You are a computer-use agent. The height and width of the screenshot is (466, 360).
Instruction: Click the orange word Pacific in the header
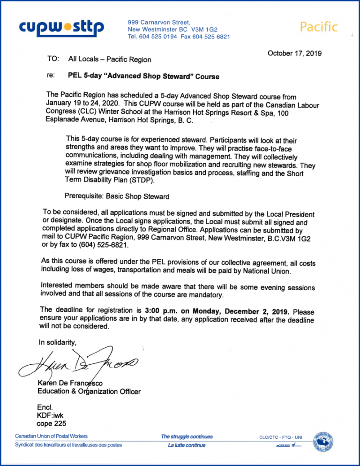319,27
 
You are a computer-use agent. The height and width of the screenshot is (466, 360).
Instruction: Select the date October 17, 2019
294,53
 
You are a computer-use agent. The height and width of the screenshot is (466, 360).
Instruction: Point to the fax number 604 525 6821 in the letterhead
212,37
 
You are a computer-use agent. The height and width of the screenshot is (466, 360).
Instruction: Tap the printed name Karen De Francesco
73,384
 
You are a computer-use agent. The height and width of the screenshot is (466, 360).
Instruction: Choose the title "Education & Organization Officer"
89,391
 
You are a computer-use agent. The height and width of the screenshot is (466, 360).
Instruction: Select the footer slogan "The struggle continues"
187,436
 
